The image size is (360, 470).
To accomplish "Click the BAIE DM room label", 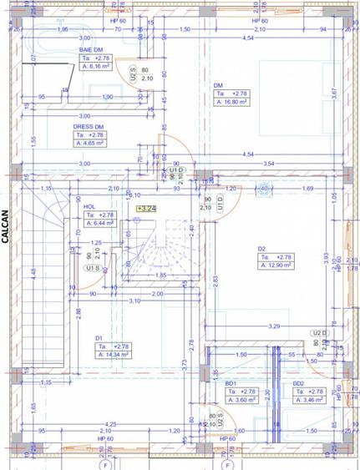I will [x=91, y=50].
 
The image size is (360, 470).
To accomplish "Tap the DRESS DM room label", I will [x=89, y=126].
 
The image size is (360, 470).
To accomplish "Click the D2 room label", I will [x=261, y=249].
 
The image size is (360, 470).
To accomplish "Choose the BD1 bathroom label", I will [x=231, y=383].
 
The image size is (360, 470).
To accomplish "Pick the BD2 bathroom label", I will [x=298, y=383].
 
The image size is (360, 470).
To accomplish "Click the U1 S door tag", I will [x=93, y=269].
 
